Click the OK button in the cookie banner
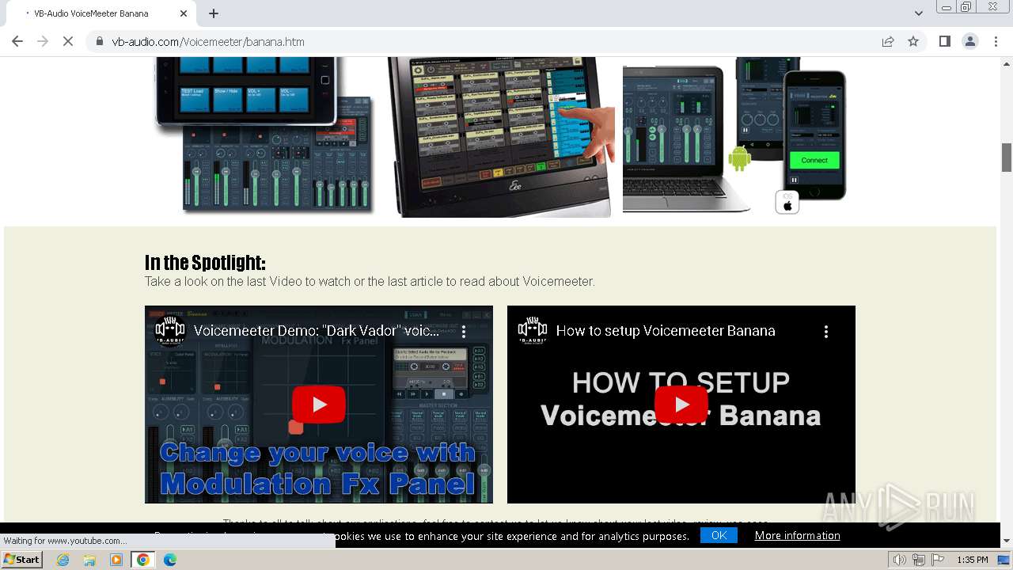click(719, 536)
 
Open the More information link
click(797, 536)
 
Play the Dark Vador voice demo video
click(319, 405)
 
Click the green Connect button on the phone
click(814, 160)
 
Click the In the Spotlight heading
click(205, 262)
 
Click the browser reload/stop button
click(68, 42)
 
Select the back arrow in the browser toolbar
click(17, 42)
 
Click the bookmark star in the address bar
click(913, 42)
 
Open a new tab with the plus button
click(214, 13)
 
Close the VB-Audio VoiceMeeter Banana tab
click(184, 13)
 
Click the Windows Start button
click(22, 560)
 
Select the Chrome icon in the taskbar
click(142, 560)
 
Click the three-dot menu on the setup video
click(826, 332)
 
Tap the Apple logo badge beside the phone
click(787, 203)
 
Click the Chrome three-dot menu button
click(996, 42)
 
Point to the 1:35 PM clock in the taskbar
click(972, 560)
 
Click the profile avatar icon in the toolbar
click(969, 42)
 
